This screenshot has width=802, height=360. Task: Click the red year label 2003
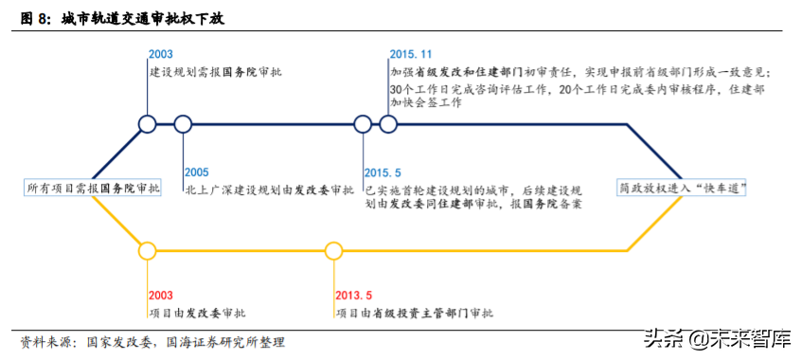161,296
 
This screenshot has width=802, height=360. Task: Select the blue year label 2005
197,172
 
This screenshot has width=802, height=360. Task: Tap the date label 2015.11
410,55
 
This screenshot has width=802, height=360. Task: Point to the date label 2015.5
383,172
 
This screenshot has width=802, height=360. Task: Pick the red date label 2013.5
353,296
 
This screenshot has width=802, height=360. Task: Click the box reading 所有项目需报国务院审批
94,189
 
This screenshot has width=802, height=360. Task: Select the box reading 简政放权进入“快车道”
682,189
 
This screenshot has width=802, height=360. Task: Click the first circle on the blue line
147,123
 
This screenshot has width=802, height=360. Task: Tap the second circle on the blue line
183,123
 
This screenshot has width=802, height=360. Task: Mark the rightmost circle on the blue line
387,123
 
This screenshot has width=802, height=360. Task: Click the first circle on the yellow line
147,251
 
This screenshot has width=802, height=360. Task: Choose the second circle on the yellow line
333,251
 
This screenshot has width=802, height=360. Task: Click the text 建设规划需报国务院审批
215,71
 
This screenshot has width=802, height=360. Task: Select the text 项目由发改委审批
195,313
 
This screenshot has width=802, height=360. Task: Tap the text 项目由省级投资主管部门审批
414,313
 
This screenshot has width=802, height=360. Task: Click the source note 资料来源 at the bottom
151,342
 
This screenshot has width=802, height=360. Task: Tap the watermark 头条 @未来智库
717,337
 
